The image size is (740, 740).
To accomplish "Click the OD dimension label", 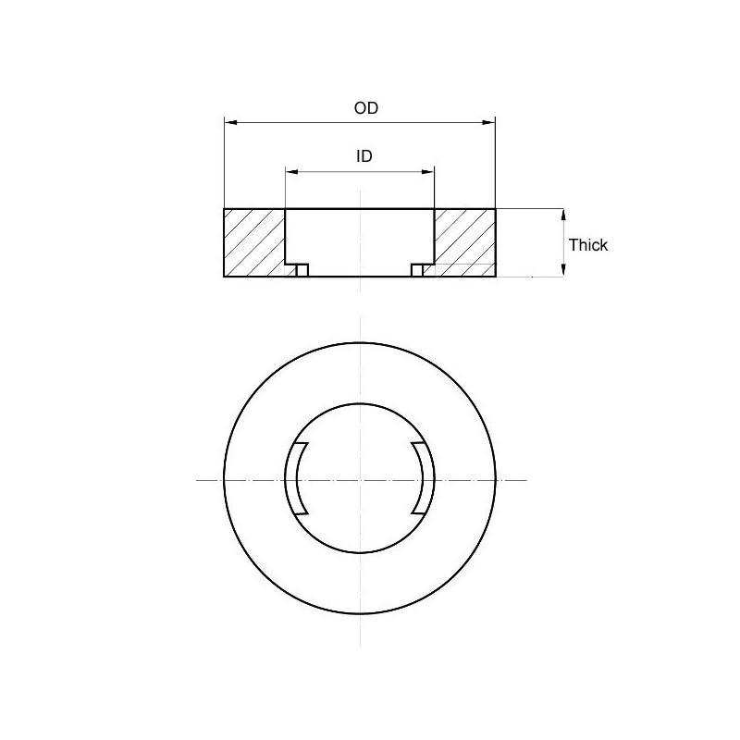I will point(366,108).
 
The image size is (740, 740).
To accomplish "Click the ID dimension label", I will point(364,156).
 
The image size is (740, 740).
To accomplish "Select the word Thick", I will point(588,245).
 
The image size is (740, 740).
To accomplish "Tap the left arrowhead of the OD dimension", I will point(230,122).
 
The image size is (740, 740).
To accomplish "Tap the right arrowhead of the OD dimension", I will point(489,122).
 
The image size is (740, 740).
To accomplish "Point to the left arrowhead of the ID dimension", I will point(291,171).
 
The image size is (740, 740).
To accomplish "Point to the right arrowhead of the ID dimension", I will point(428,171).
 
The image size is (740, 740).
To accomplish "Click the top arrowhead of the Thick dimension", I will point(563,215).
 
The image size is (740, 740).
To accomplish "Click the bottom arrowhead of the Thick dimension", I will point(563,270).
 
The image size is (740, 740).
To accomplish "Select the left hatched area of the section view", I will point(253,242).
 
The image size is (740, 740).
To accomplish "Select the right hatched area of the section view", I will point(464,242).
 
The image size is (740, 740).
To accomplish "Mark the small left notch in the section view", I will point(302,270).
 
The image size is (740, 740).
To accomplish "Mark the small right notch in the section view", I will point(417,270).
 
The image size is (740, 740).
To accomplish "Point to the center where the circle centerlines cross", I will point(360,479).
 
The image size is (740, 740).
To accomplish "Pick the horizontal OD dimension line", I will point(305,122).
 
